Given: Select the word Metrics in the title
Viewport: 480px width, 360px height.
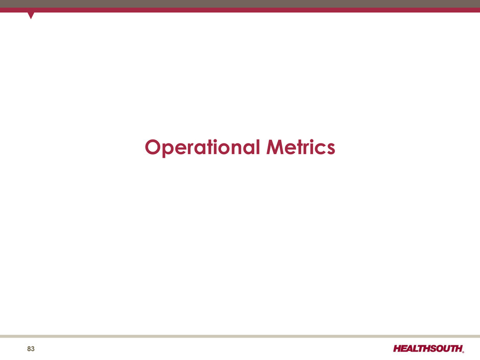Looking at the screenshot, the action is tap(301, 147).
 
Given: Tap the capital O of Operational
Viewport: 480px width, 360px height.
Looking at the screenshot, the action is tap(153, 147).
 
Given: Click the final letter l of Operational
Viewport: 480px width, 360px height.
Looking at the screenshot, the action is tap(258, 147).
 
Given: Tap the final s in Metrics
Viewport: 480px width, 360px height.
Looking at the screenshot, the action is tap(330, 149).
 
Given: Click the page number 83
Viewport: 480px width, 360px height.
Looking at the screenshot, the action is tap(31, 349).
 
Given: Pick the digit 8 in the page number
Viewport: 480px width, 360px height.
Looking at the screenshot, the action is tap(29, 349).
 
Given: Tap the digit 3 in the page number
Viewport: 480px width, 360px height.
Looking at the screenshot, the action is tap(33, 349).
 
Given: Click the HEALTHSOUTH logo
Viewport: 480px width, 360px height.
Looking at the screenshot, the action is tap(428, 349).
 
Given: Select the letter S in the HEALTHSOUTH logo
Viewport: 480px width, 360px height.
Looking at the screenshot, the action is tap(434, 349).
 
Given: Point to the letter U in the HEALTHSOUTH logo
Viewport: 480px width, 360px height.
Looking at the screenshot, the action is tap(449, 349).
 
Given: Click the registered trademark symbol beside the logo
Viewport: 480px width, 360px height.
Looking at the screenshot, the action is tap(463, 352).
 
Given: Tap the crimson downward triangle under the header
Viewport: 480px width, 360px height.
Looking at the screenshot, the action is tap(31, 15).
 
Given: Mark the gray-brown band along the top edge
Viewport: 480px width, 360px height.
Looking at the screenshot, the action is tap(240, 4).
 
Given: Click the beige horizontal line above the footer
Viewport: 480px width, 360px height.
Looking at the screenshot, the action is tap(240, 336).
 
